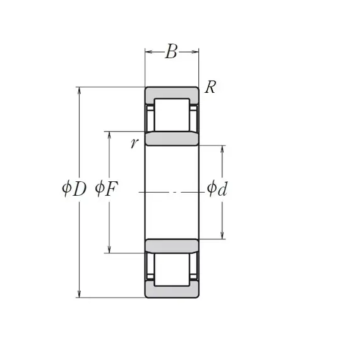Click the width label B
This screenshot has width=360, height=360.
click(171, 51)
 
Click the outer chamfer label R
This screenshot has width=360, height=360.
click(210, 87)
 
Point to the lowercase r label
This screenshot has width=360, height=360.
click(135, 143)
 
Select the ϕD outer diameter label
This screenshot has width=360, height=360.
click(74, 189)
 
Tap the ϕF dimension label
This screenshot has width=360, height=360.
click(107, 189)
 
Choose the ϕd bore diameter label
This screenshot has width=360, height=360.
click(217, 188)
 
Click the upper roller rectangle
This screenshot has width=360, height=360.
click(172, 115)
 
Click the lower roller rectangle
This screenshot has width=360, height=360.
click(172, 270)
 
